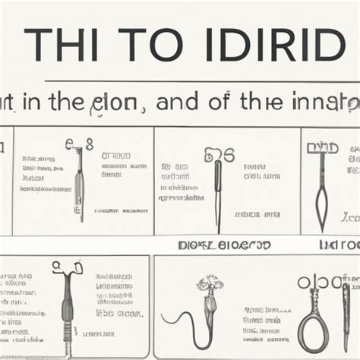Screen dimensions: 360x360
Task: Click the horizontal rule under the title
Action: [201, 81]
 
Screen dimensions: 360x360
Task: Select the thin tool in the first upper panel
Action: [79, 186]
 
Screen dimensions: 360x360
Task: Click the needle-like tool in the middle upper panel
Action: [217, 190]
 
